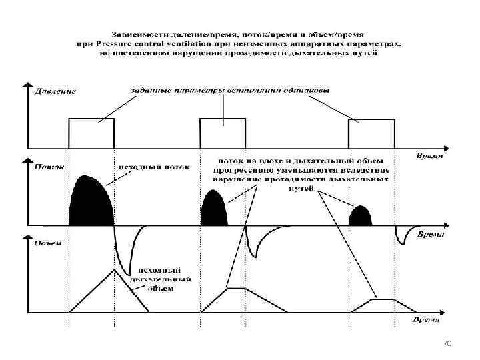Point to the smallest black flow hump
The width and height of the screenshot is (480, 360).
[x=360, y=215]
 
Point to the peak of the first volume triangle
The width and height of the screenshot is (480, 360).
[x=114, y=269]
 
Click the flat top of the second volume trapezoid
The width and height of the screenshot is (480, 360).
[x=236, y=289]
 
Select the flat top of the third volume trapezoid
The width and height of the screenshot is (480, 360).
[x=384, y=300]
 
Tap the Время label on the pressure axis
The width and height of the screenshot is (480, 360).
[x=430, y=155]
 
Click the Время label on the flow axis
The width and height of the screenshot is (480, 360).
[x=431, y=234]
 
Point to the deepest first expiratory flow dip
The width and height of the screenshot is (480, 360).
[x=127, y=263]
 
